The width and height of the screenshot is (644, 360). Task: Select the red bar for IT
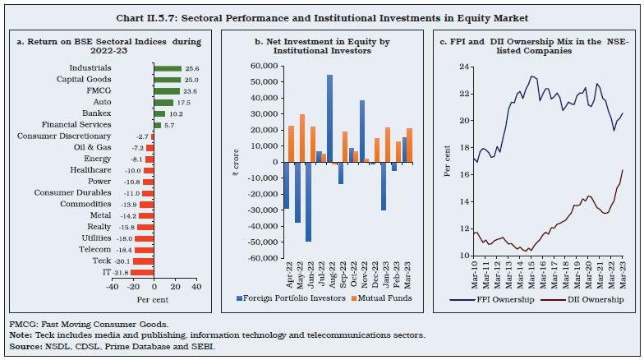pos(142,271)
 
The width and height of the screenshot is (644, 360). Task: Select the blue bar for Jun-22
pos(309,201)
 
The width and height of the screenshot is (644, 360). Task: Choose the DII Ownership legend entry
pos(589,299)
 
